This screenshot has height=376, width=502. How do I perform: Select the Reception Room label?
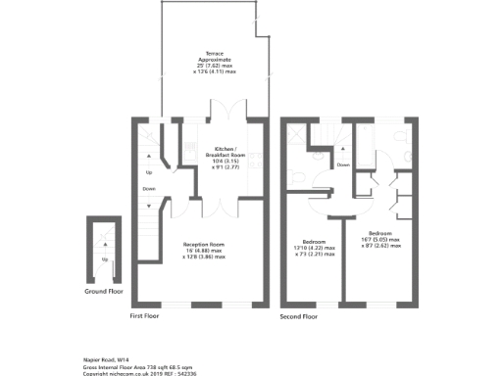pos(204,244)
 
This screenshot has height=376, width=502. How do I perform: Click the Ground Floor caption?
pos(103,292)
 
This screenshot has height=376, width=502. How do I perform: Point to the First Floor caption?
pos(145,317)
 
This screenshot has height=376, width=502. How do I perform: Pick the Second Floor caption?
pos(298,317)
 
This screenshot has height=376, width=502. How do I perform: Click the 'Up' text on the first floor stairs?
pos(149,172)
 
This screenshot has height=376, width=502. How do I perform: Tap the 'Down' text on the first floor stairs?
pos(149,188)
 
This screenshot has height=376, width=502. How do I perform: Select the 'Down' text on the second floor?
pos(343,164)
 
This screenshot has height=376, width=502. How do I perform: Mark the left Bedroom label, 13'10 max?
pos(315,241)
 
